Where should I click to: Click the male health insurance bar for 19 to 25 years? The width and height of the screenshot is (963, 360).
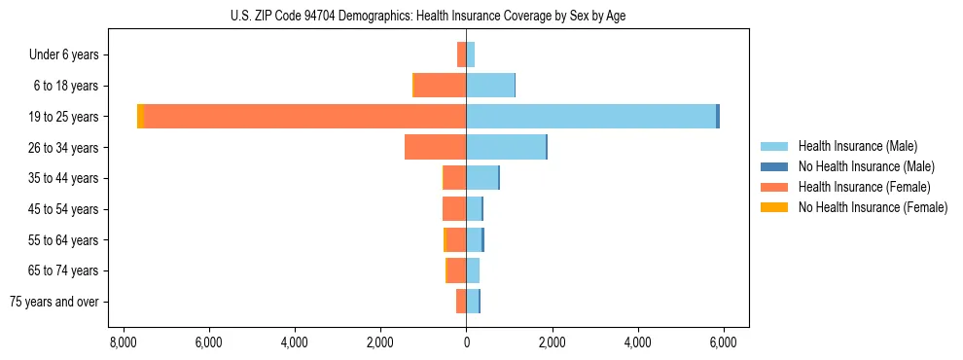point(590,117)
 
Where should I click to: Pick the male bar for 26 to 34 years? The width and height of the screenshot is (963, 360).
point(506,147)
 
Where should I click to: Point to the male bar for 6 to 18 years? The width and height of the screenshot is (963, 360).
point(490,86)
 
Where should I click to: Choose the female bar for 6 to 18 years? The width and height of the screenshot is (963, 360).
point(441,86)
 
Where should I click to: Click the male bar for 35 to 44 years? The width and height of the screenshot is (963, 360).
point(482,178)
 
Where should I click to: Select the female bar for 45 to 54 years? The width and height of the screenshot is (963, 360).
point(454,209)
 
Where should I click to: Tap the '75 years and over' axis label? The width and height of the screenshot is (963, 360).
point(53,302)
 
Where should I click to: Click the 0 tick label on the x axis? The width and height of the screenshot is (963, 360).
point(466,342)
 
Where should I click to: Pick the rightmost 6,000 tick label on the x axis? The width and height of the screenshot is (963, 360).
point(723,342)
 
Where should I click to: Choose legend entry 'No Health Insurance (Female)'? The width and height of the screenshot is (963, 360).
point(873,207)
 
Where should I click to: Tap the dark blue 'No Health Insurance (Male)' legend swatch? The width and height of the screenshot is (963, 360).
point(774,166)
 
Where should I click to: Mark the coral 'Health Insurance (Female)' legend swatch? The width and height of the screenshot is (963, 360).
point(774,187)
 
